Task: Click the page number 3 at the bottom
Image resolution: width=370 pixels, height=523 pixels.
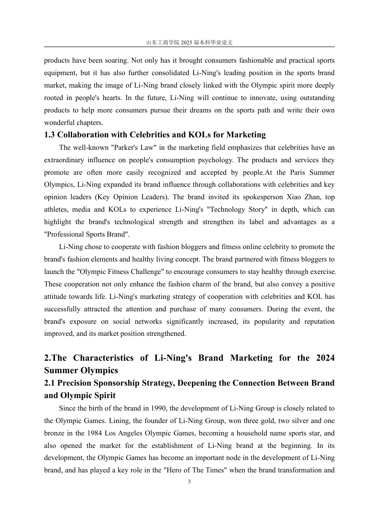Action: click(x=189, y=482)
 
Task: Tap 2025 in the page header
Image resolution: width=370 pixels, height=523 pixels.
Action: click(x=187, y=43)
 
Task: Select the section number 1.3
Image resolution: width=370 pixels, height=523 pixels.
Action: click(x=49, y=135)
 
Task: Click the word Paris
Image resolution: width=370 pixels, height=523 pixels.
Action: click(x=298, y=172)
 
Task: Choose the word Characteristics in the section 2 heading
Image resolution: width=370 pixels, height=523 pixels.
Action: click(x=103, y=358)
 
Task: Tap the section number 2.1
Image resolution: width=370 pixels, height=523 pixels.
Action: click(x=49, y=383)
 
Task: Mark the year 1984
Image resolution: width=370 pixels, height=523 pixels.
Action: click(x=95, y=433)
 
